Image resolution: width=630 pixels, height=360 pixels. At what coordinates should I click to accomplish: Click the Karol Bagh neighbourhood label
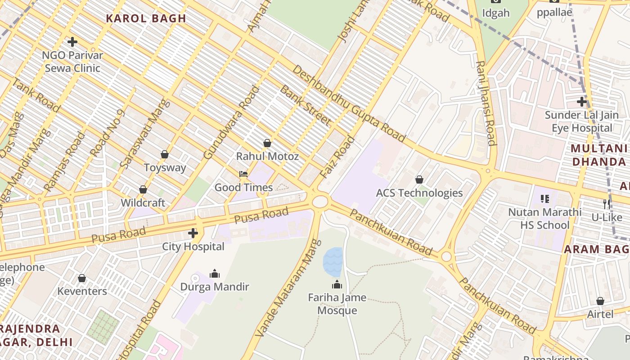click(145, 18)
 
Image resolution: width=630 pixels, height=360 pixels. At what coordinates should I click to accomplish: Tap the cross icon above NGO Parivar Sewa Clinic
click(72, 42)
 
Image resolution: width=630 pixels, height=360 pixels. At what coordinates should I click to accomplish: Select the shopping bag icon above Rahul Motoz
click(267, 143)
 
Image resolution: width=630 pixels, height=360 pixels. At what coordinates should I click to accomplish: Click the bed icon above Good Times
click(243, 174)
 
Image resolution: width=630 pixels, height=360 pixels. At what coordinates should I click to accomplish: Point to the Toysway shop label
click(165, 168)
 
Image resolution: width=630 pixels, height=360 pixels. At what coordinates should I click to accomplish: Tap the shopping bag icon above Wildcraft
click(143, 189)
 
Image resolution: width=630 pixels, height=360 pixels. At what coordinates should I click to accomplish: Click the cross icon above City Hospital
click(193, 233)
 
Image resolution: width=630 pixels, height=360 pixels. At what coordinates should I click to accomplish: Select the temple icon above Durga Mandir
click(215, 273)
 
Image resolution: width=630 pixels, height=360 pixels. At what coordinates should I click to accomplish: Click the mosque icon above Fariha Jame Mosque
click(337, 284)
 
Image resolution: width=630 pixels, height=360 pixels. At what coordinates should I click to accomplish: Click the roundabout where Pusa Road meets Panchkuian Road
click(319, 201)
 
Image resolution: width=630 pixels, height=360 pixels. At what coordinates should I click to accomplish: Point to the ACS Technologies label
click(419, 193)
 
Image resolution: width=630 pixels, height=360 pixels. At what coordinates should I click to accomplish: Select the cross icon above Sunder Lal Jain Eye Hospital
click(582, 102)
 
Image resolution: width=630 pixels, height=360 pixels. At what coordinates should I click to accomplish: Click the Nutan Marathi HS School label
click(544, 218)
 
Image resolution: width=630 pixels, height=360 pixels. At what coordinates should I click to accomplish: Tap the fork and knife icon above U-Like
click(607, 204)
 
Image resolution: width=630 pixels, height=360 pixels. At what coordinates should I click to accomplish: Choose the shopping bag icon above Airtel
click(600, 301)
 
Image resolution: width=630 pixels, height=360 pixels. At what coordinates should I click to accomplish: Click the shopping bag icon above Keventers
click(82, 278)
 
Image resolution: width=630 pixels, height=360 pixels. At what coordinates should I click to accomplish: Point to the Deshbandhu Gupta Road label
click(349, 103)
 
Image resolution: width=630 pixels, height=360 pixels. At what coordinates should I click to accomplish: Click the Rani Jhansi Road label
click(486, 103)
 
